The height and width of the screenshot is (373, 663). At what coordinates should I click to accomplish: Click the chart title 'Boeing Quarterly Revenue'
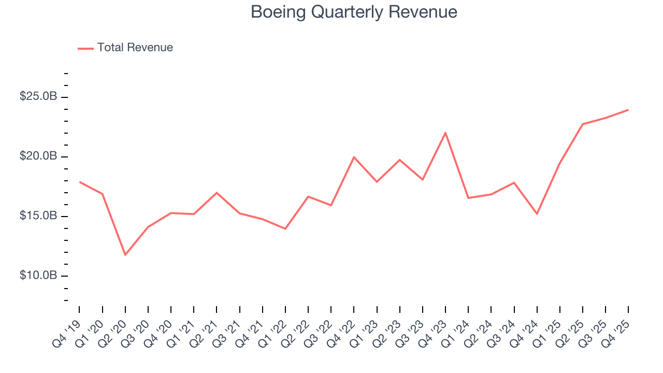[x=354, y=12]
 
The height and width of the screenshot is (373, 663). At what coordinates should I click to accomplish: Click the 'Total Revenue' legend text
[x=135, y=48]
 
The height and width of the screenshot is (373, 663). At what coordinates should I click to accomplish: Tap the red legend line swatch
[x=85, y=48]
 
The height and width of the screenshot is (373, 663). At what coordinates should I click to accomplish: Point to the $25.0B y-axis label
[x=38, y=97]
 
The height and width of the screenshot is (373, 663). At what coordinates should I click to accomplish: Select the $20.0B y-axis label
[x=38, y=156]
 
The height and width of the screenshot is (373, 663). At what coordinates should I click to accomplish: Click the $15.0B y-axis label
[x=38, y=216]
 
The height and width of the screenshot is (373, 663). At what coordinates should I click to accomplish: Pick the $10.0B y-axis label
[x=38, y=276]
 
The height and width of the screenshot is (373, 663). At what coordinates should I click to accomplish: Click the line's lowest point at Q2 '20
[x=125, y=255]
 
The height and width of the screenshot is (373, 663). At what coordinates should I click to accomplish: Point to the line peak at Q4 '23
[x=445, y=133]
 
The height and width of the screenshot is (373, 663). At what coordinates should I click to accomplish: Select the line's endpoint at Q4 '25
[x=628, y=110]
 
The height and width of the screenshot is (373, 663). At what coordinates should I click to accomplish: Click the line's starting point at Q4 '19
[x=80, y=182]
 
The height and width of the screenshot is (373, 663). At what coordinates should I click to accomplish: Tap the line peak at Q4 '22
[x=354, y=157]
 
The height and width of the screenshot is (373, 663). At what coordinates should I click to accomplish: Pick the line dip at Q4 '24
[x=537, y=214]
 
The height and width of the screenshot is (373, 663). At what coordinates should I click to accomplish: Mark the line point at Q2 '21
[x=217, y=193]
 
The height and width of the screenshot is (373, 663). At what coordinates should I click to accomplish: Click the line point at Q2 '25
[x=582, y=124]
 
